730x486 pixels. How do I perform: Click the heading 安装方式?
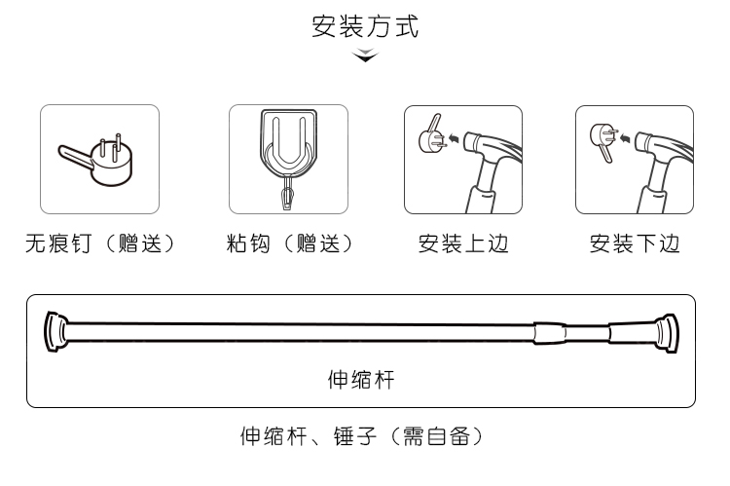(x=365, y=26)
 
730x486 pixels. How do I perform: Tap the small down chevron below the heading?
(x=365, y=57)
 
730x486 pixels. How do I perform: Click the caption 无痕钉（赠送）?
(x=99, y=243)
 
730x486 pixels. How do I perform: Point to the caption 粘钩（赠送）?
(x=288, y=243)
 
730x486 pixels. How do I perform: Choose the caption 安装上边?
(x=463, y=243)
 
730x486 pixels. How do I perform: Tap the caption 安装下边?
(x=634, y=243)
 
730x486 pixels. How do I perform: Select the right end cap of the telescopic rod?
(x=668, y=331)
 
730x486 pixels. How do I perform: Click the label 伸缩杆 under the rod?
(x=360, y=378)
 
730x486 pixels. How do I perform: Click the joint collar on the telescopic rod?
(x=549, y=331)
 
